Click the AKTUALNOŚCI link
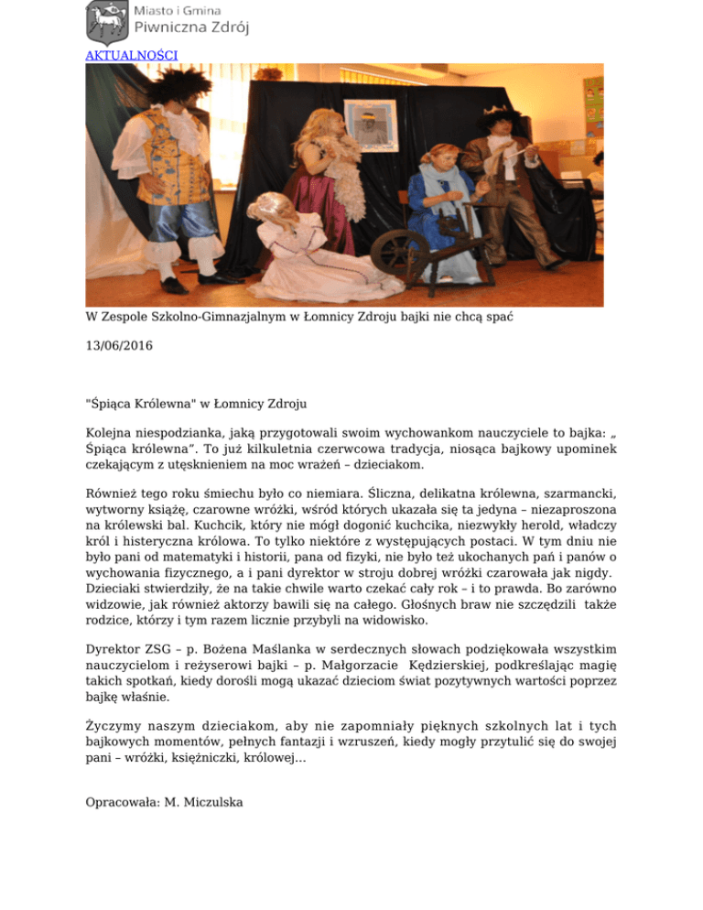[131, 55]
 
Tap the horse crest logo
[106, 22]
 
